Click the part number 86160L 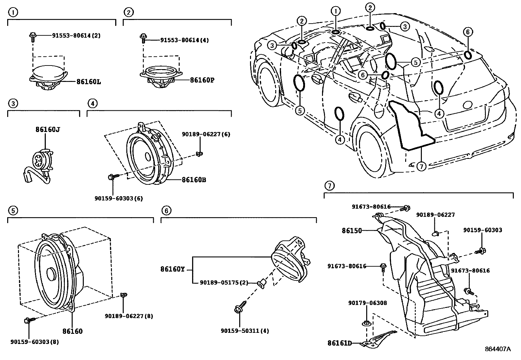pyautogui.click(x=89, y=82)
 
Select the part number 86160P pyautogui.click(x=202, y=80)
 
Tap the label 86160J pyautogui.click(x=48, y=129)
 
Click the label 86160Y pyautogui.click(x=172, y=269)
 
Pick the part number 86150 pyautogui.click(x=352, y=231)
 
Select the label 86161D pyautogui.click(x=339, y=343)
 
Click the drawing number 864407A pyautogui.click(x=497, y=349)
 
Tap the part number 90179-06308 pyautogui.click(x=367, y=303)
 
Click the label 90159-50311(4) pyautogui.click(x=245, y=331)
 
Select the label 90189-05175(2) pyautogui.click(x=224, y=282)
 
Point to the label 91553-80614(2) pyautogui.click(x=76, y=35)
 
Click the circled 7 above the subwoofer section pyautogui.click(x=329, y=186)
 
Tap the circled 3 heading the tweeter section pyautogui.click(x=12, y=104)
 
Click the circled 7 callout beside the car pyautogui.click(x=421, y=166)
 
